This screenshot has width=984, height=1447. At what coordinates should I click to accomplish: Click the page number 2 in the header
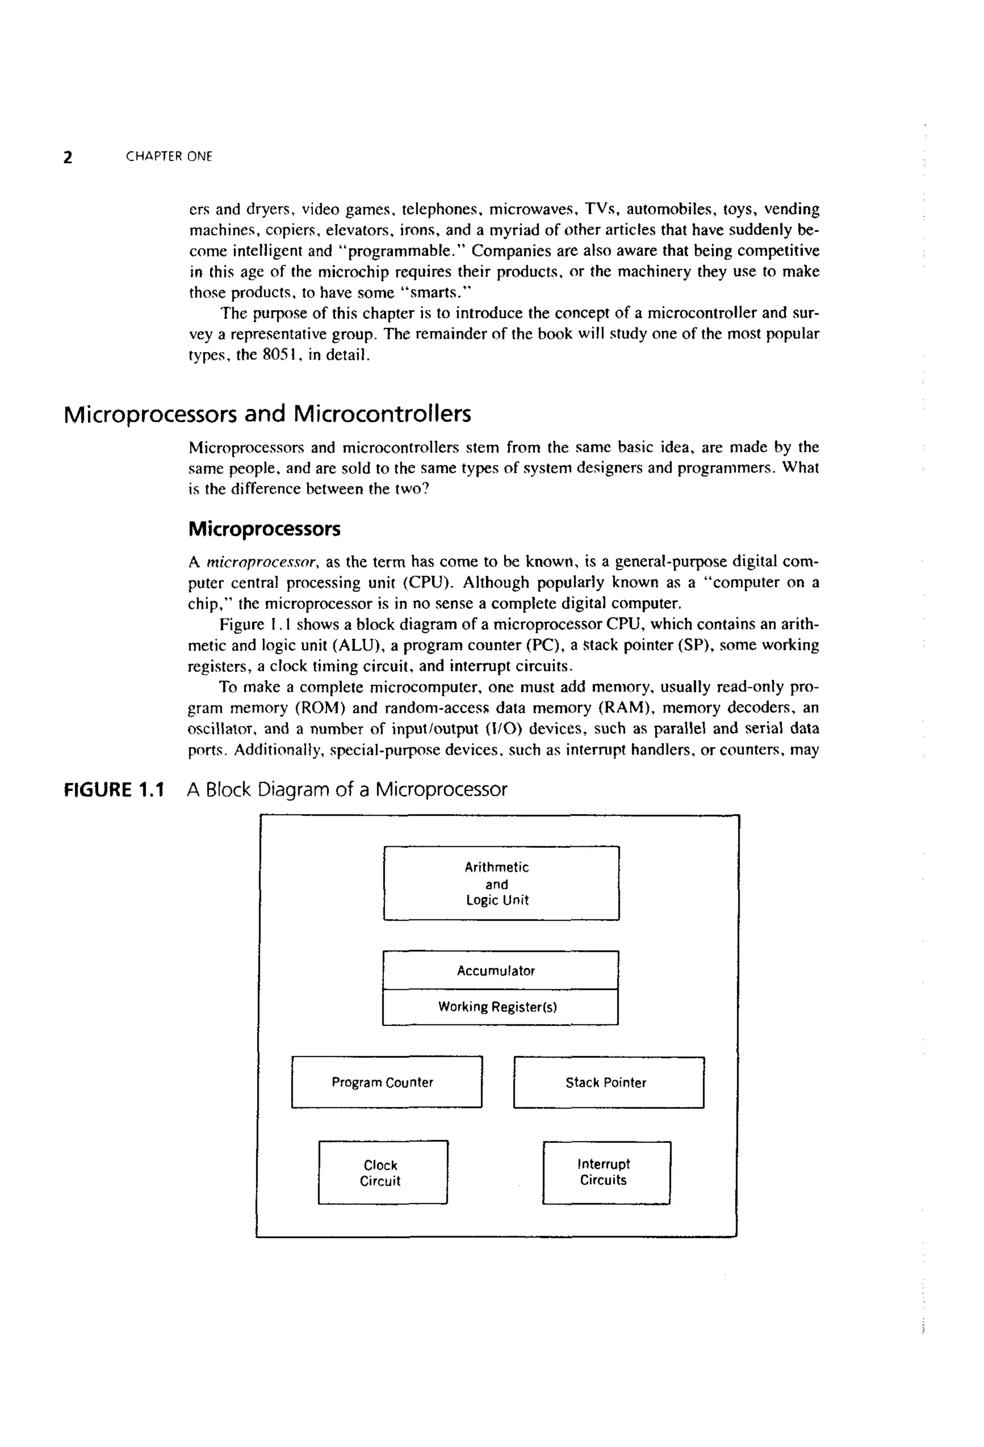pyautogui.click(x=68, y=157)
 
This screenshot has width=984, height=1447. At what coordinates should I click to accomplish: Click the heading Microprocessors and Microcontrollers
pyautogui.click(x=267, y=414)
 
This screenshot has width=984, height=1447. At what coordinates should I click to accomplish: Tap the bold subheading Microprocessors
pyautogui.click(x=264, y=529)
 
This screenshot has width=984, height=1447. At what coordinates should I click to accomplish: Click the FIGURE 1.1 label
pyautogui.click(x=114, y=790)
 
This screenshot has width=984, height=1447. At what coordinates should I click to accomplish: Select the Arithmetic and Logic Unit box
pyautogui.click(x=501, y=883)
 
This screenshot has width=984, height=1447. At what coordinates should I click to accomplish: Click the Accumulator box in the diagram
pyautogui.click(x=500, y=970)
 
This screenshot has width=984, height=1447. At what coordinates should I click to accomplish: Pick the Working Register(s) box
pyautogui.click(x=500, y=1007)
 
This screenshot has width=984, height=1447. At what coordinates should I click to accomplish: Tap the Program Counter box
pyautogui.click(x=386, y=1082)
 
